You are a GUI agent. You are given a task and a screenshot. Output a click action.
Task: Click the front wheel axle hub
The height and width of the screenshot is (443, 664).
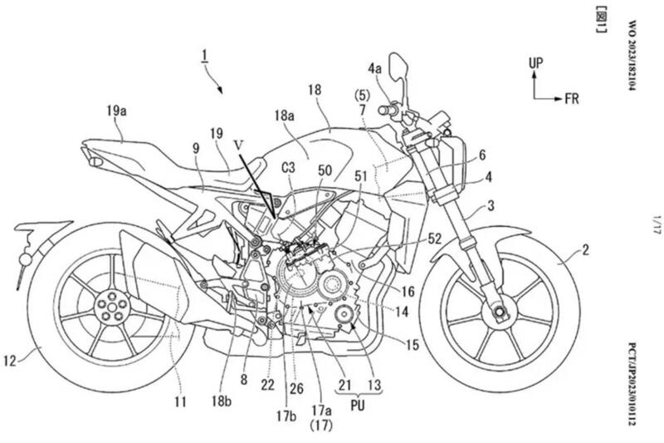498,313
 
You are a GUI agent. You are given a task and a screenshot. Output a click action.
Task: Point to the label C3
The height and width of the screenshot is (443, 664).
289,169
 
